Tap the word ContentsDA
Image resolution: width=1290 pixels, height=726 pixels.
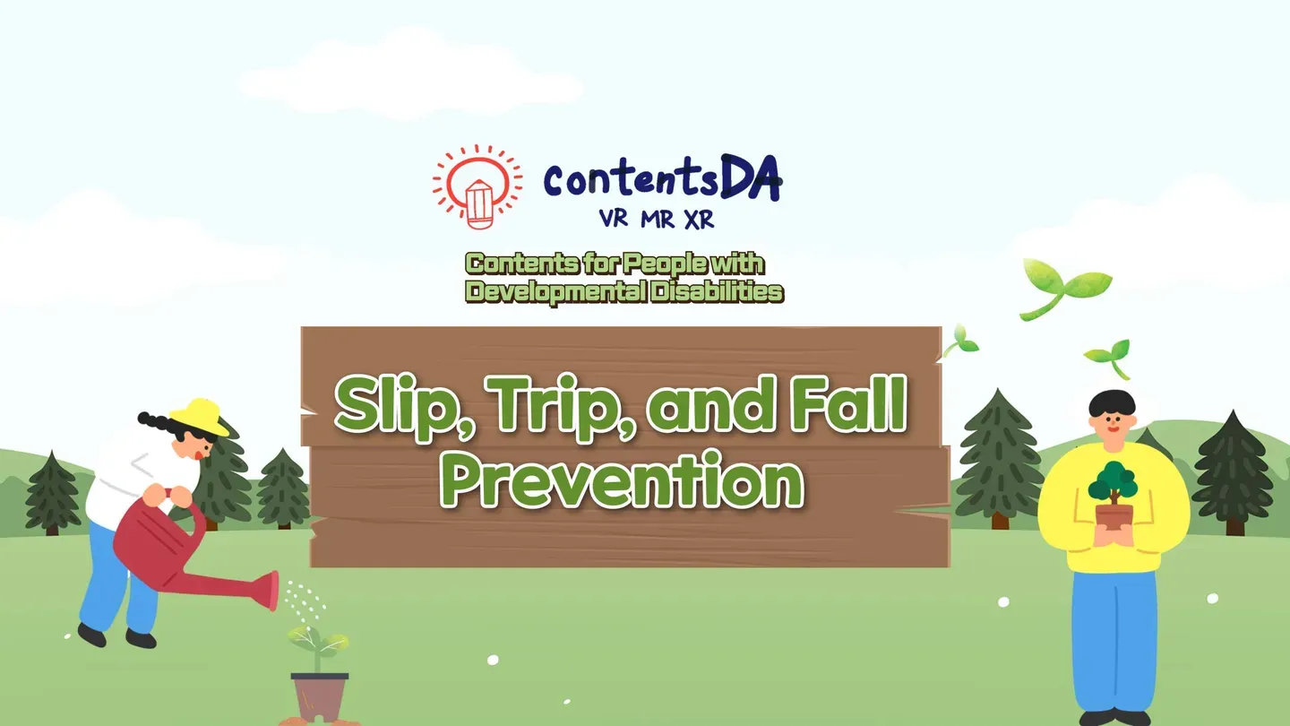(x=661, y=180)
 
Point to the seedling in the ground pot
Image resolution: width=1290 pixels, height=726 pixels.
(x=318, y=641)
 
